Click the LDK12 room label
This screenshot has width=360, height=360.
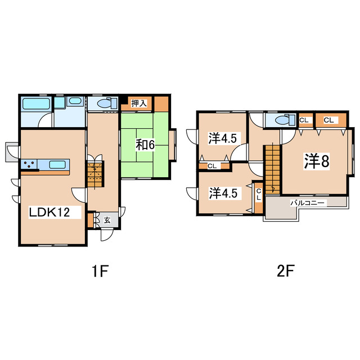49,213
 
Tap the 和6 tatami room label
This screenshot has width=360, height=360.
145,145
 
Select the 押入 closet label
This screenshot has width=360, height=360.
139,103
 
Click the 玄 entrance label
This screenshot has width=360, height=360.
107,220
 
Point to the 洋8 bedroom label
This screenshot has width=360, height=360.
317,161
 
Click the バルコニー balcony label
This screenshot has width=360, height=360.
308,203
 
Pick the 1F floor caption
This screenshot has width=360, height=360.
100,271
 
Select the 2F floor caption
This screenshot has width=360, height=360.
285,271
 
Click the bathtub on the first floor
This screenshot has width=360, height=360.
36,104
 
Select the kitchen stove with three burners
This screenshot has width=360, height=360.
29,164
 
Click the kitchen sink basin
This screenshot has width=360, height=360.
57,164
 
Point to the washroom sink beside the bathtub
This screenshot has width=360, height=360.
75,101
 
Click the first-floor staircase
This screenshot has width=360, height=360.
95,174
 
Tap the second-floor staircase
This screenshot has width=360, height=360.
272,169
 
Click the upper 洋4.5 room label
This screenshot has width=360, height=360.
223,138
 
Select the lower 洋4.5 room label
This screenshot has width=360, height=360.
223,193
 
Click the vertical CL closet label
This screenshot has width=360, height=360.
259,194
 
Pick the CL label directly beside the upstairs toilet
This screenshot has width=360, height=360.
304,120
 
